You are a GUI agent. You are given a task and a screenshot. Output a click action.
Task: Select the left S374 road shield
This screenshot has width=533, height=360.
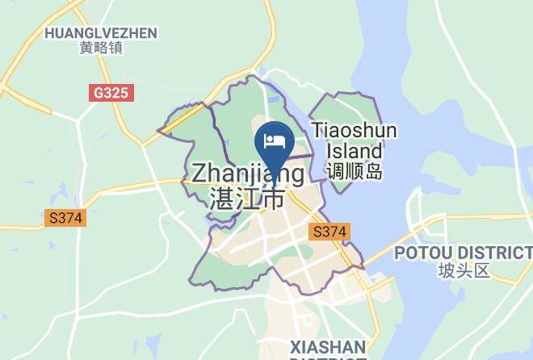65,218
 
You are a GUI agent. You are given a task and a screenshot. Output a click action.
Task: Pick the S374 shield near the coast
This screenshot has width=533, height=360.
329,232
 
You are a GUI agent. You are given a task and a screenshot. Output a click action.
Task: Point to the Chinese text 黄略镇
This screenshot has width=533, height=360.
101,48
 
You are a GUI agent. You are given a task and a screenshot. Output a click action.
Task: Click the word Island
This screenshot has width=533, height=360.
355,150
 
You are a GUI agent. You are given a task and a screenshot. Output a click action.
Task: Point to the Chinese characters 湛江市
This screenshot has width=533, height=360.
247,198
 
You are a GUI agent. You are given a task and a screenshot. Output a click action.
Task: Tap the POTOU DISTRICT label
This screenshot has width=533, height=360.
464,253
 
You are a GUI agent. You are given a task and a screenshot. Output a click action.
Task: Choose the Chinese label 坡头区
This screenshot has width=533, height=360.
464,270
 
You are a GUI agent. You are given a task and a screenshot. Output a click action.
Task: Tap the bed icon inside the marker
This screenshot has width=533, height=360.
274,141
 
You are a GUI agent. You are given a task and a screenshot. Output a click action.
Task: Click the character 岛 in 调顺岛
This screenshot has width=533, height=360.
372,171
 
